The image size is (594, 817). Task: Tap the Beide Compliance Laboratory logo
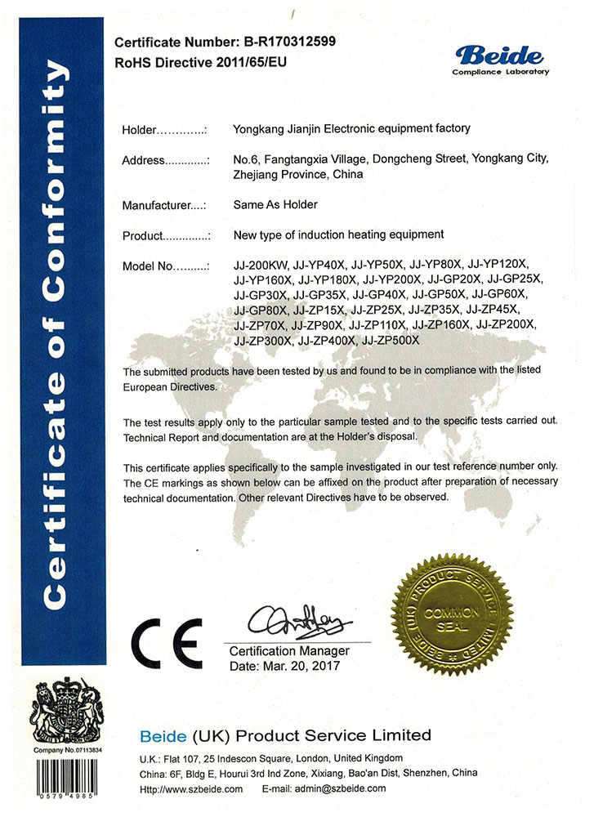(500, 59)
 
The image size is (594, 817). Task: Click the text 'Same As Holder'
(275, 204)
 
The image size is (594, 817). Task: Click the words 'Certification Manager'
(289, 651)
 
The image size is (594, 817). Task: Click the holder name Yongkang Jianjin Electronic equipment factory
(351, 128)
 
